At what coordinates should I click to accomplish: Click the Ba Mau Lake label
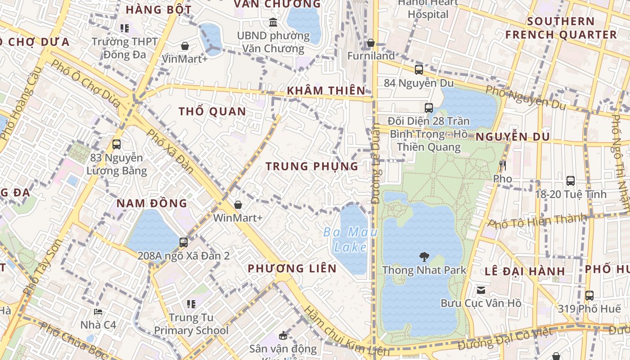(351, 240)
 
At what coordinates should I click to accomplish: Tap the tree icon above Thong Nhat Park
(424, 257)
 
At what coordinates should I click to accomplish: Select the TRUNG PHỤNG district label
(312, 166)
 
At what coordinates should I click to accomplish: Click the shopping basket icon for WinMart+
(238, 205)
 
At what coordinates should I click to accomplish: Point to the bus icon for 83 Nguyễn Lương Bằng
(117, 144)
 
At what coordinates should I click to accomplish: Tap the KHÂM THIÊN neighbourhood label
(326, 90)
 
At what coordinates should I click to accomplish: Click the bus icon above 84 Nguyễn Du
(418, 70)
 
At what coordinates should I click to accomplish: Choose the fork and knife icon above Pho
(503, 166)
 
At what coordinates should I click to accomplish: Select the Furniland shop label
(371, 56)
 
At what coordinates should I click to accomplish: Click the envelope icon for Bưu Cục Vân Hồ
(481, 290)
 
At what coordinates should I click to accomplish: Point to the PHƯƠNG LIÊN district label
(292, 269)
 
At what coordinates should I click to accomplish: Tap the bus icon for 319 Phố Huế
(589, 296)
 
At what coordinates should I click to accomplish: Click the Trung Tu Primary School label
(191, 324)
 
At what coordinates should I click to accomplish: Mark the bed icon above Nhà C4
(98, 311)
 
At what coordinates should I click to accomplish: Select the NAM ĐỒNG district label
(152, 203)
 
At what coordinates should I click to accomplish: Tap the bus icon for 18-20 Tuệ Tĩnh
(571, 181)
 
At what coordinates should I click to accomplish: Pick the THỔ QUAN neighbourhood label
(212, 112)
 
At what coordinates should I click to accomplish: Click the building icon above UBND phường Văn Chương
(273, 22)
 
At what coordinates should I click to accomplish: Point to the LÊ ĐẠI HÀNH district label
(525, 271)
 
